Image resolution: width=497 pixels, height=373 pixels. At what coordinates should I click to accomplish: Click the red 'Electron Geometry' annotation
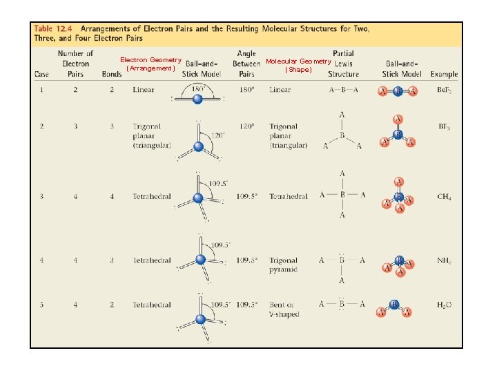coord(150,60)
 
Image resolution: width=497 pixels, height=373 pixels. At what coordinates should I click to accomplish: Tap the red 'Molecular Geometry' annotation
coord(298,61)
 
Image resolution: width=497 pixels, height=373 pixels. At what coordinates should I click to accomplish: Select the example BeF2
coord(444,90)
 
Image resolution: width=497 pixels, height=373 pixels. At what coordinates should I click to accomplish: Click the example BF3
coord(444,127)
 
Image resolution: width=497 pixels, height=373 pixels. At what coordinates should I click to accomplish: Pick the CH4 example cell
coord(444,197)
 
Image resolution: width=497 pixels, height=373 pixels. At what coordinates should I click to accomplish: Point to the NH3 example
coord(444,261)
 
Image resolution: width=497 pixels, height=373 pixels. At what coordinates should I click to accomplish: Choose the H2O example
coord(444,305)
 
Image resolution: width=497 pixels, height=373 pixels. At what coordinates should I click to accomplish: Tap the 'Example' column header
coord(444,74)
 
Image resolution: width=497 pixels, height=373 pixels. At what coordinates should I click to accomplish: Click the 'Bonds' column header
coord(111,74)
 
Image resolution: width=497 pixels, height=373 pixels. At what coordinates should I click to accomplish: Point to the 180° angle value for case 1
coord(246,90)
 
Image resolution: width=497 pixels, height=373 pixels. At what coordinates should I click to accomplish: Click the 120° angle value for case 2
coord(246,127)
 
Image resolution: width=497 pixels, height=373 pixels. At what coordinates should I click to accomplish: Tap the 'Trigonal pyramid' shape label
coord(284,265)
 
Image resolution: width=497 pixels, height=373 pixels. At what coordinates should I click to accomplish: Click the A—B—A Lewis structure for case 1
coord(343,90)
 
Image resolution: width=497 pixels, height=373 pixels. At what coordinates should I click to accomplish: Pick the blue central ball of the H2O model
coord(394,304)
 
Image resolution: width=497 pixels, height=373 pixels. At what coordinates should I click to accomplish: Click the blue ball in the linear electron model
coord(198,99)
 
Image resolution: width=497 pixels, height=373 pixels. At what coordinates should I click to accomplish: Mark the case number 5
coord(43,305)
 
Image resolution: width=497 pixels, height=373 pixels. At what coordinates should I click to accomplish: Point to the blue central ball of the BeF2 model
coord(398,90)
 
